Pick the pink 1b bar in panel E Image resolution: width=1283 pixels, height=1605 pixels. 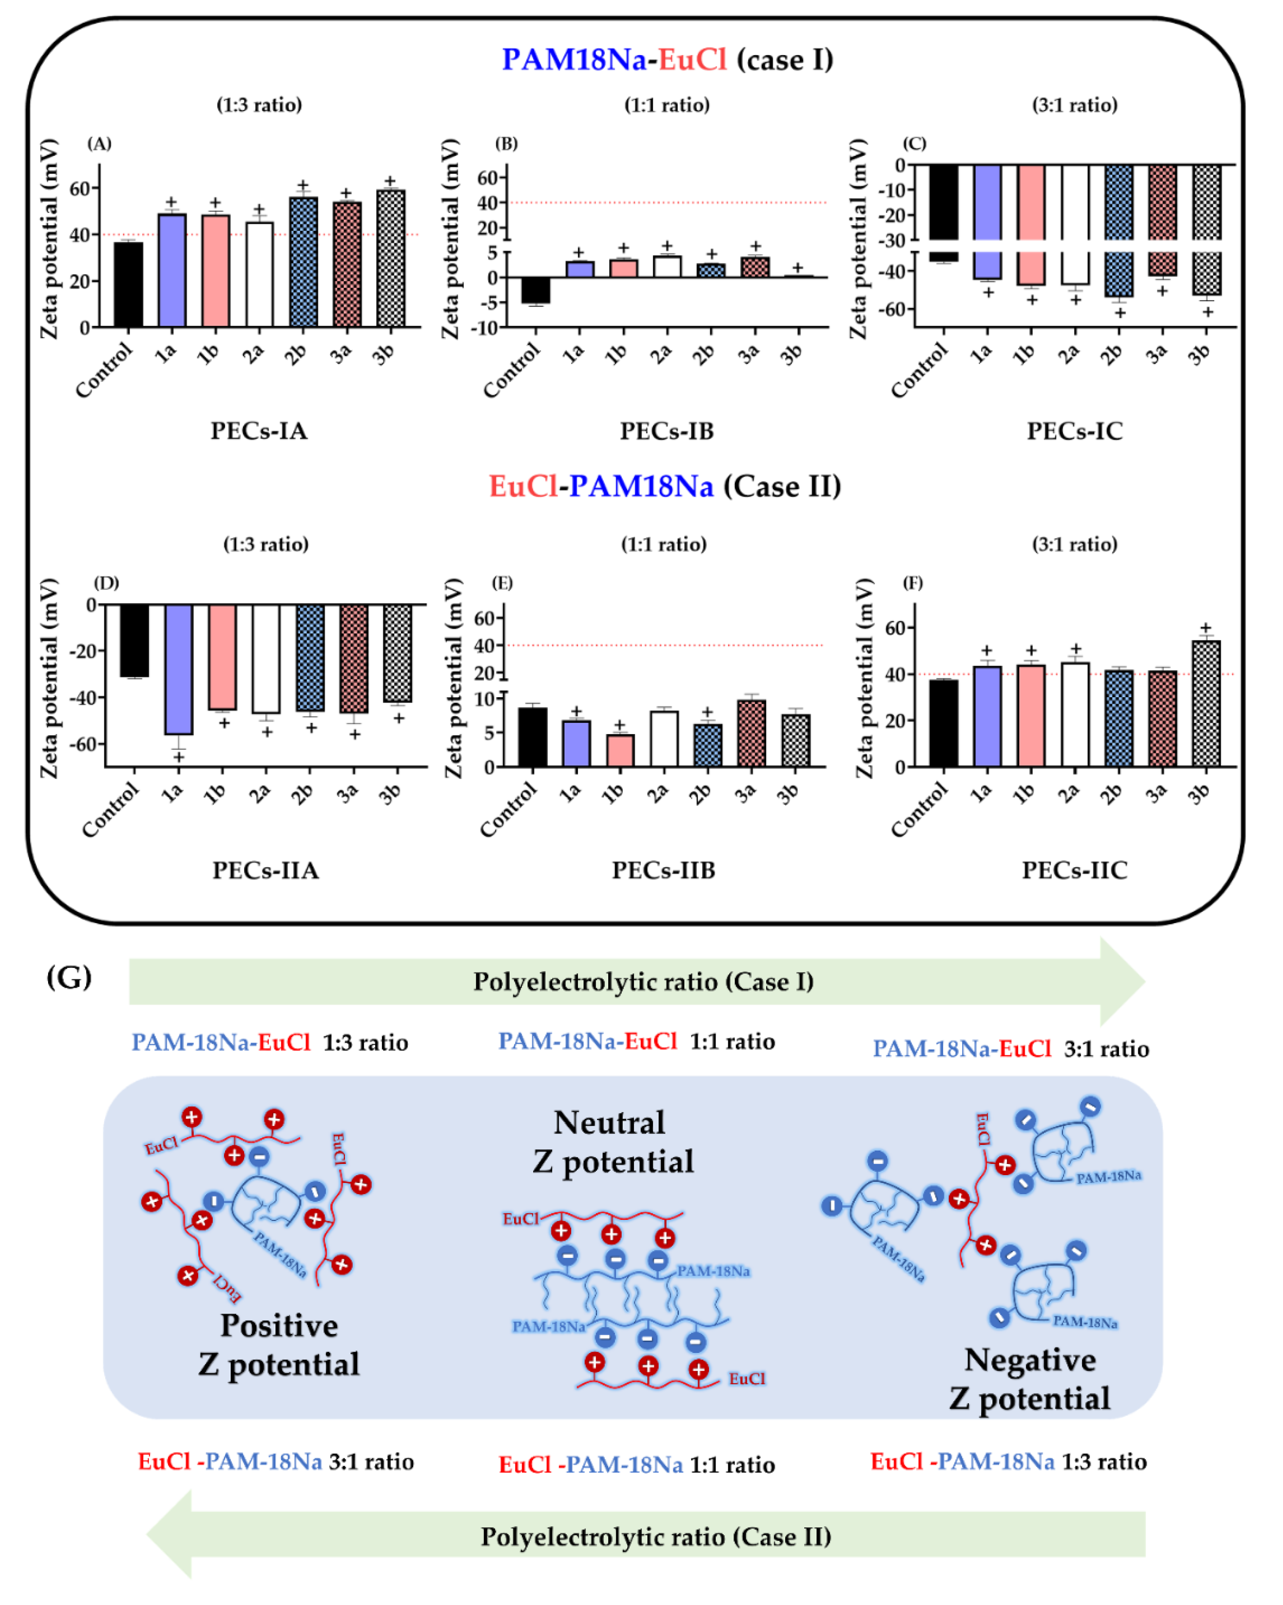point(620,750)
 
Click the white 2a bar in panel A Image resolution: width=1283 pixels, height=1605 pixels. point(259,274)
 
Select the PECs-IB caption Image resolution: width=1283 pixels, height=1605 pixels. point(667,431)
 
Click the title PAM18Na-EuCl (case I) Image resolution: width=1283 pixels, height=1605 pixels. point(667,60)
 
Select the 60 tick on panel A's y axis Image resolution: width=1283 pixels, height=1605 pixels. point(79,188)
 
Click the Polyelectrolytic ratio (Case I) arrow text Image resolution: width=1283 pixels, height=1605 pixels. point(643,982)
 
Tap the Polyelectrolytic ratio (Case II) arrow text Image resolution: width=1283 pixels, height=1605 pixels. point(655,1537)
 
